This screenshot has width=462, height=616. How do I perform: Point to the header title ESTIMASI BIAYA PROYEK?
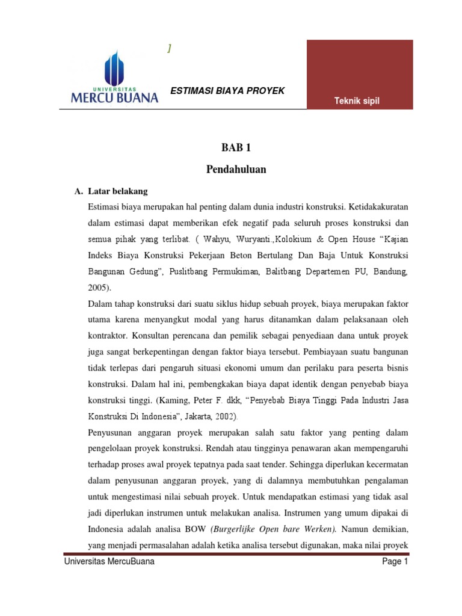228,91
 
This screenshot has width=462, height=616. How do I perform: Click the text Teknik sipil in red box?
357,100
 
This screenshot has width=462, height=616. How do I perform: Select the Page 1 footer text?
395,562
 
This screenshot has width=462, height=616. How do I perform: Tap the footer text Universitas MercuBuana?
109,562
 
